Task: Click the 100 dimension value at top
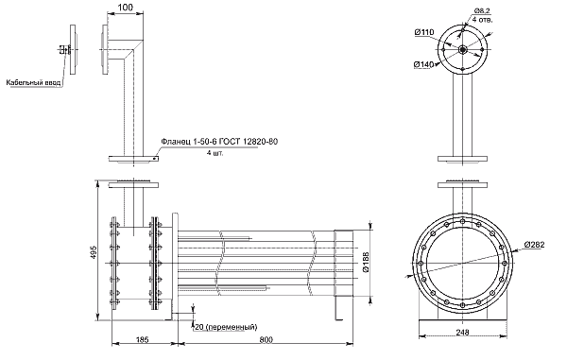[x=126, y=7]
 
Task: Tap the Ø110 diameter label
[x=424, y=32]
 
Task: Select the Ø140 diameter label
[x=423, y=64]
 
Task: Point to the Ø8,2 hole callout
[x=482, y=11]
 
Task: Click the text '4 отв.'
[x=482, y=20]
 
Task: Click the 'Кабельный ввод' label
[x=33, y=83]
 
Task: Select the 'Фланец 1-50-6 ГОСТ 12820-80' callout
[x=219, y=142]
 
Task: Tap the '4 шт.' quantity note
[x=215, y=153]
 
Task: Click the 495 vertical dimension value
[x=93, y=252]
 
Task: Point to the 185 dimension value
[x=142, y=340]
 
